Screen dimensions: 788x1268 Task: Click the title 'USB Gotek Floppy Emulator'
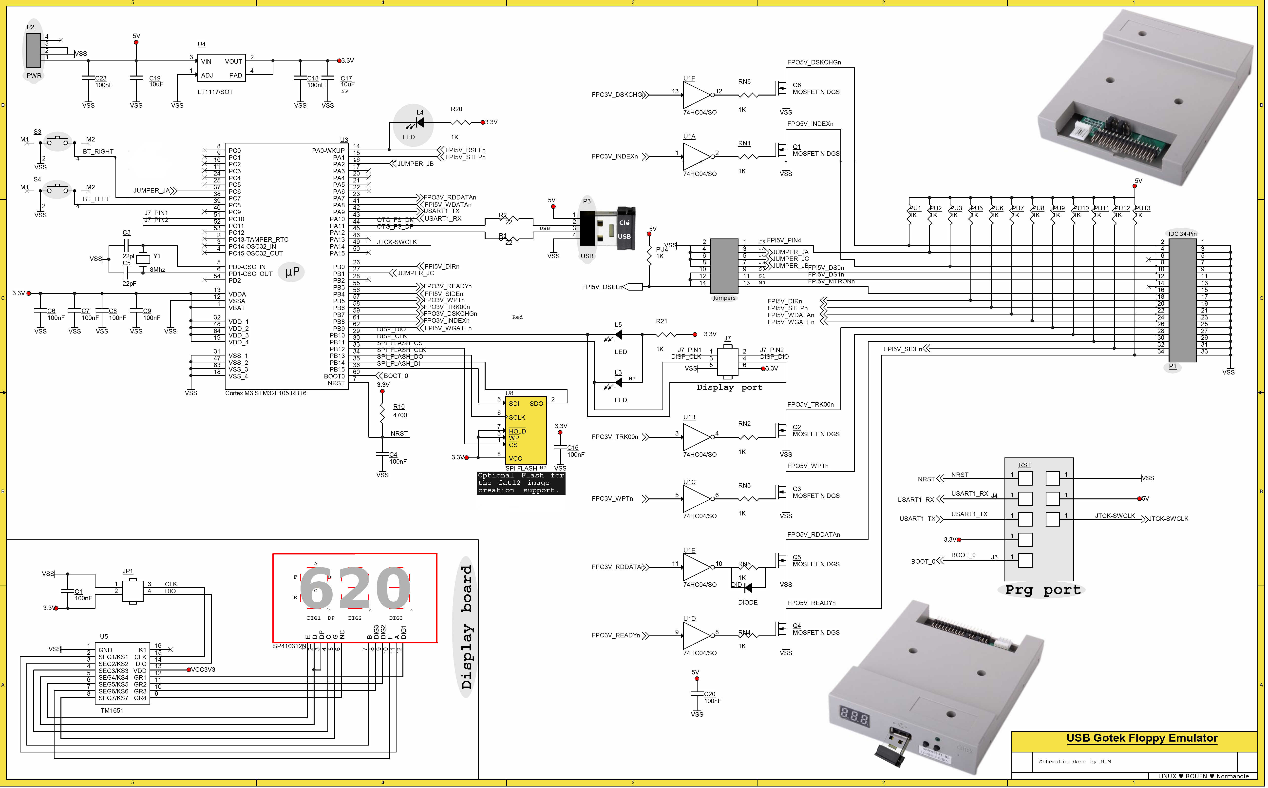(1141, 738)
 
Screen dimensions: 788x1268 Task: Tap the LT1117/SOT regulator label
(215, 92)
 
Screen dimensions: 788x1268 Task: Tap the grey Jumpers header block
(724, 266)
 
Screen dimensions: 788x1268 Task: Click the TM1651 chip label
(112, 710)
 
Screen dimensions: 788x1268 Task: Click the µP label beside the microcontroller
(292, 272)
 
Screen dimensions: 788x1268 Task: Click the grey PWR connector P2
(34, 51)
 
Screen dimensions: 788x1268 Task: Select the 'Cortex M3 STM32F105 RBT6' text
(265, 393)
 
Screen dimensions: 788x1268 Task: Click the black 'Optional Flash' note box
(521, 483)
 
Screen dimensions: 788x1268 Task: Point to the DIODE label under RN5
(747, 602)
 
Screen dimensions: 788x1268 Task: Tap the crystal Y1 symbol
(143, 259)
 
